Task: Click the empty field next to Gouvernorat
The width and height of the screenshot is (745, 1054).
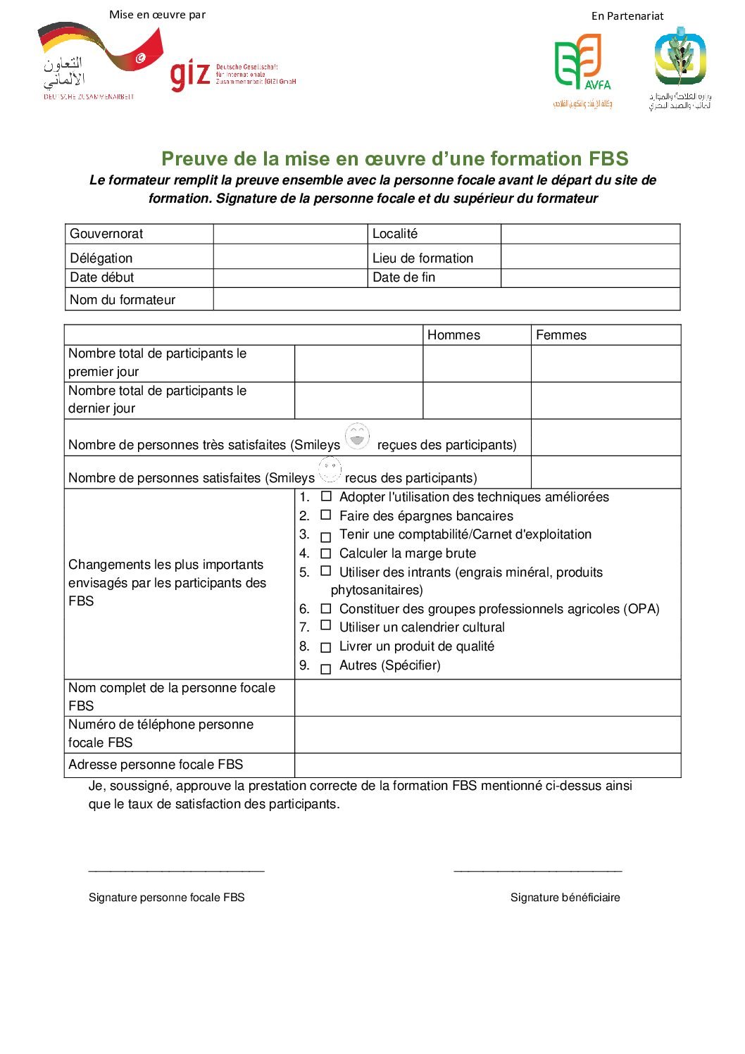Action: point(290,234)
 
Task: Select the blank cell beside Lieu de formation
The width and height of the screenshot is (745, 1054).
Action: point(590,258)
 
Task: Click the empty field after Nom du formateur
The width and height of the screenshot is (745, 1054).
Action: point(446,299)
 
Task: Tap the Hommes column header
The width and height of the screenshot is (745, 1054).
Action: point(453,335)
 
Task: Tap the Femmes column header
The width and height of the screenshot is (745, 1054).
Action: point(561,335)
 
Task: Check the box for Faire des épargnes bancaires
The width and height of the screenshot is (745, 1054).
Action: point(326,515)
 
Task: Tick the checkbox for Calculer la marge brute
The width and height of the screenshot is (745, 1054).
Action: point(326,554)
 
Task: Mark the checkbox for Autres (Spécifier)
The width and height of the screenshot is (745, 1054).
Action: point(326,669)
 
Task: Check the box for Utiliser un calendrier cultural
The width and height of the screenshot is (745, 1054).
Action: point(326,625)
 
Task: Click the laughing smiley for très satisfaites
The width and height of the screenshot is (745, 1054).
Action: point(358,437)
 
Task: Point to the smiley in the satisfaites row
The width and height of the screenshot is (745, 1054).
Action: point(330,469)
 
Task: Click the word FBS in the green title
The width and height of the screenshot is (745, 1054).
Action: point(609,158)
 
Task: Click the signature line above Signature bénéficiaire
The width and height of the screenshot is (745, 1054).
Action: point(537,872)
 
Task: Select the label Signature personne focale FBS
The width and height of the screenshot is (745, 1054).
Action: point(167,897)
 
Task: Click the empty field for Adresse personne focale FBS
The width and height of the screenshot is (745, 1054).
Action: point(487,765)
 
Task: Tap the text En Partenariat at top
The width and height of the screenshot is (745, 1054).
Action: point(627,16)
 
